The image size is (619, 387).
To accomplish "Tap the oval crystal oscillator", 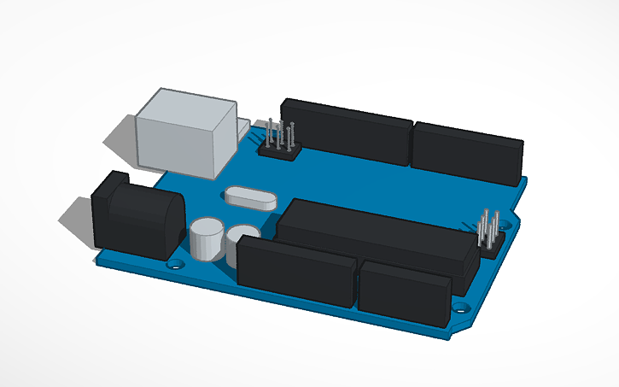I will coord(250,197).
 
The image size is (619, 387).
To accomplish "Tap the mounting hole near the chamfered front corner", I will coord(462,305).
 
